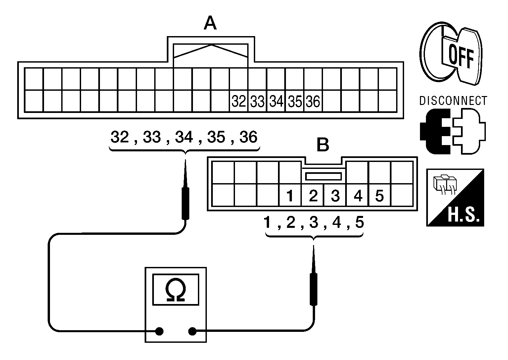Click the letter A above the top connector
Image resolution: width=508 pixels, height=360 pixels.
(x=210, y=24)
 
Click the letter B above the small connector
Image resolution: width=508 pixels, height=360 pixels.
(x=323, y=145)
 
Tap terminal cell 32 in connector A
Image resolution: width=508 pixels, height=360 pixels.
(x=239, y=101)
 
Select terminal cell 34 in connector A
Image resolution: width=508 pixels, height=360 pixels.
(x=276, y=101)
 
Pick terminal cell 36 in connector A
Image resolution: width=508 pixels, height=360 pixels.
(x=313, y=101)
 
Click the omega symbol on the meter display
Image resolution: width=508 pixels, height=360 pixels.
(x=175, y=290)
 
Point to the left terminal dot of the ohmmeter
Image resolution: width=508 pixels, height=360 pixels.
(x=159, y=331)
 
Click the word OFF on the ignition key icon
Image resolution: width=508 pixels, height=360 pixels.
(x=461, y=57)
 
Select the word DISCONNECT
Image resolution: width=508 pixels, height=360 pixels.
(x=453, y=101)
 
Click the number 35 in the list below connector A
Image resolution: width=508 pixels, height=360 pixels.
(x=216, y=137)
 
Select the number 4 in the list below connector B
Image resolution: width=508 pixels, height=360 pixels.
(x=336, y=223)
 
